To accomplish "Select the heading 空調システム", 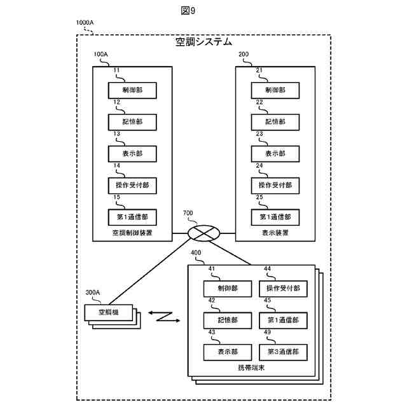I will [203, 43].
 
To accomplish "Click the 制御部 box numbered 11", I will [132, 90].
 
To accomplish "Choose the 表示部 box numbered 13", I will [132, 153].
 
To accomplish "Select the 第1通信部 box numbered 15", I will [132, 217].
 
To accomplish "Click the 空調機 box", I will [107, 312].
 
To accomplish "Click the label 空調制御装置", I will [132, 233].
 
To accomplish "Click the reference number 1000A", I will [85, 23].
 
